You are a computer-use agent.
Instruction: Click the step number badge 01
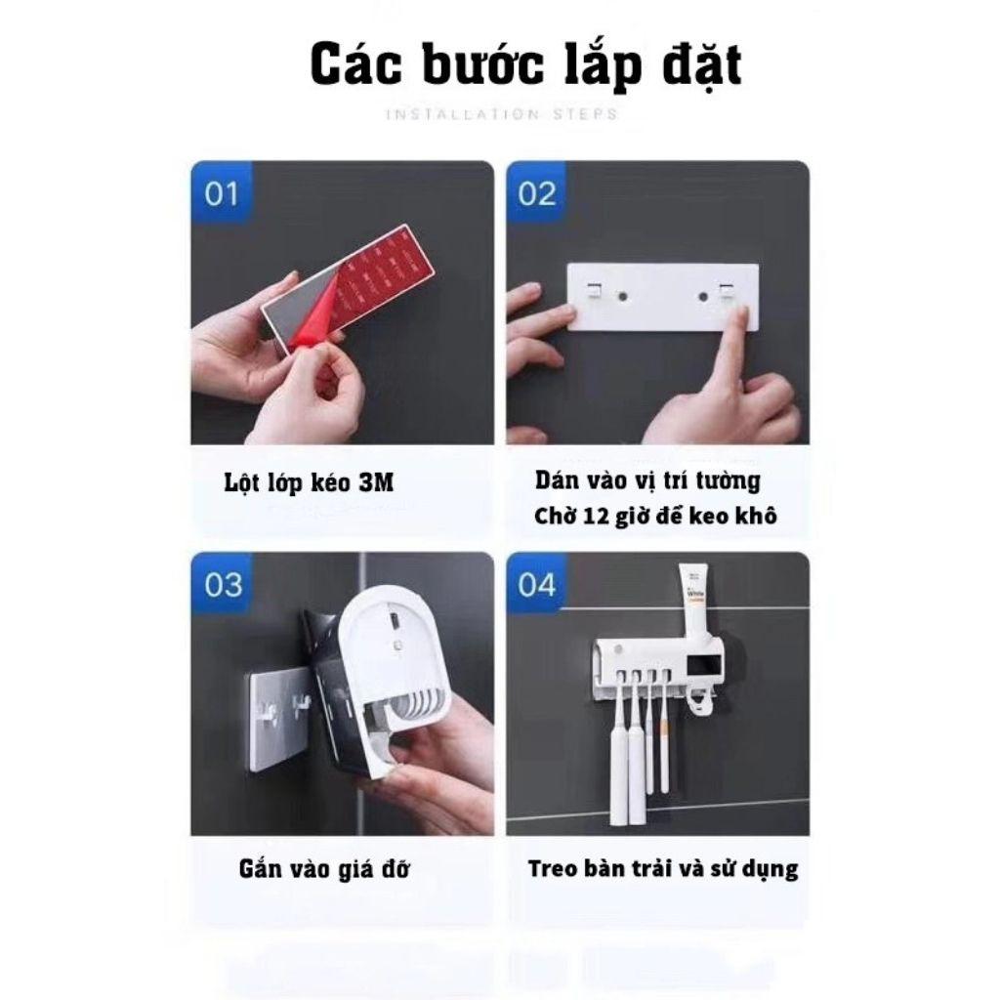[221, 193]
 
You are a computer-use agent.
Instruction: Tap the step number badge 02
[536, 193]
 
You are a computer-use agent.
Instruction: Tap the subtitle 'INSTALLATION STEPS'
[501, 114]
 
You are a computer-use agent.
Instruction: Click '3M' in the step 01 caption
[376, 482]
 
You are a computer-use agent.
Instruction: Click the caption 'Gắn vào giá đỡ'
[323, 868]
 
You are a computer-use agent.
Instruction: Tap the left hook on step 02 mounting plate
[593, 289]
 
